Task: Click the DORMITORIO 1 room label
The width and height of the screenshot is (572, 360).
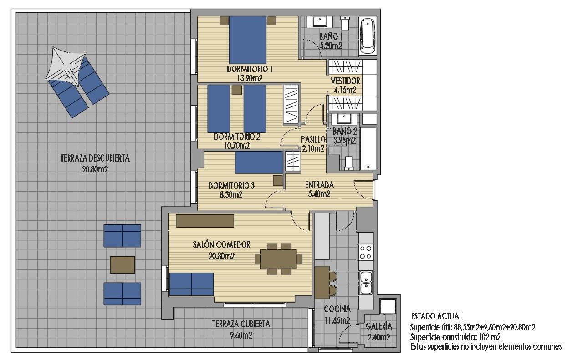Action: (250, 70)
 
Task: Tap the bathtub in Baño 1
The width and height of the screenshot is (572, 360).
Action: (368, 35)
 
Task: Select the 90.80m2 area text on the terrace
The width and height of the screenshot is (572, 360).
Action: (95, 169)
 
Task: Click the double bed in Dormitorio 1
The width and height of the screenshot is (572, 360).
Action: (247, 40)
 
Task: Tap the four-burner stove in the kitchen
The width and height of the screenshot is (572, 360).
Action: (366, 252)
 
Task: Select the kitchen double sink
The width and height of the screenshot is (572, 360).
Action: (366, 282)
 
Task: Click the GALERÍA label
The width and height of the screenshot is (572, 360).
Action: (379, 326)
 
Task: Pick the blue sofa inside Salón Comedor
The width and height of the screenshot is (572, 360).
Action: (191, 284)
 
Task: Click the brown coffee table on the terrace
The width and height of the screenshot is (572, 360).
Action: (123, 264)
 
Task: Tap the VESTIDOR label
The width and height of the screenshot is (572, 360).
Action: (346, 81)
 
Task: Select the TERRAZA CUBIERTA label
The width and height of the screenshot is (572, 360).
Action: (241, 325)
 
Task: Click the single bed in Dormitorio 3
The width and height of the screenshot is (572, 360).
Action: (259, 162)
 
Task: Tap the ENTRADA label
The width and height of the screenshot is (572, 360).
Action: (319, 185)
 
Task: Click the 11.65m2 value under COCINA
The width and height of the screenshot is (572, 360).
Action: (337, 320)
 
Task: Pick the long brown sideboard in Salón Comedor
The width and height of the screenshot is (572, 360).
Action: (205, 221)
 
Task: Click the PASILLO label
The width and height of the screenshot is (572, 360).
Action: (313, 139)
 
